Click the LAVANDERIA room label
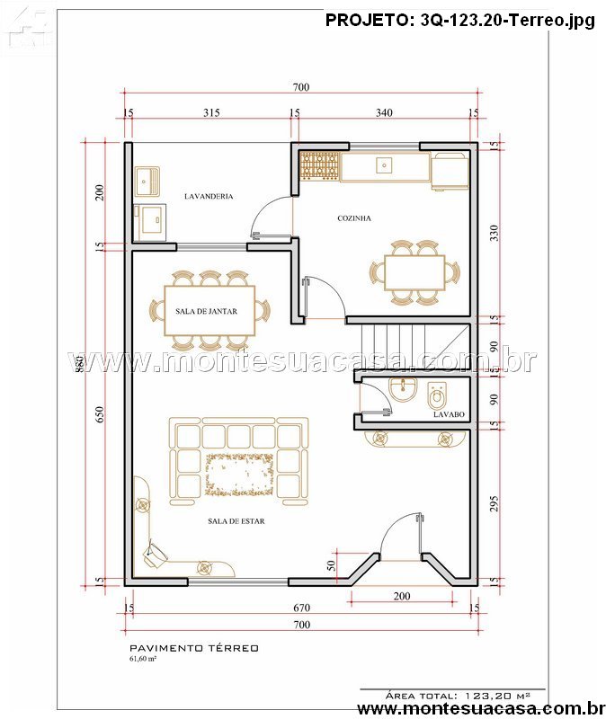[x=209, y=196]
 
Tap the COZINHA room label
[x=354, y=218]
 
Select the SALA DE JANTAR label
[x=207, y=311]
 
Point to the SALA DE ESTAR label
[x=236, y=521]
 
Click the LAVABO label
[x=450, y=414]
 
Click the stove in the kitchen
[x=320, y=165]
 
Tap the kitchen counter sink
[x=384, y=165]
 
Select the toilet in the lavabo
[x=436, y=396]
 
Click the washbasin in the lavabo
[x=403, y=389]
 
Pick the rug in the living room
[x=239, y=475]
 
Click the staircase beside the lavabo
[x=408, y=347]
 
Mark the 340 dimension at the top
[x=384, y=113]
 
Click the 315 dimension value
[x=211, y=113]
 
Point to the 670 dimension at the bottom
[x=301, y=608]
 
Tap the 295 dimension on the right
[x=495, y=504]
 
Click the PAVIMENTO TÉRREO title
[x=194, y=648]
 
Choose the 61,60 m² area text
[x=143, y=659]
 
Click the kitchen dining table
[x=414, y=272]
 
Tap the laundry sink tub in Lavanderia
[x=147, y=182]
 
